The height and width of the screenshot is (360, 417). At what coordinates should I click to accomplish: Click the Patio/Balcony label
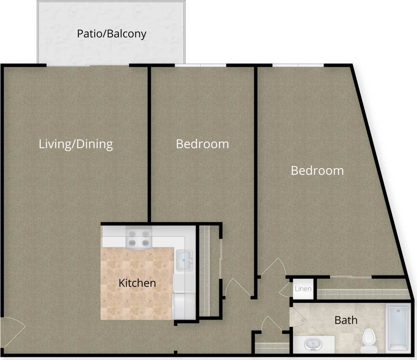112,34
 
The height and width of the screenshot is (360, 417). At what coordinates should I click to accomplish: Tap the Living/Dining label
76,144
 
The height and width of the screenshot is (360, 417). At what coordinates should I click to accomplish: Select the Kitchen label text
137,283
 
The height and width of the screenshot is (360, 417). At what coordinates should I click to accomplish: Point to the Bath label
346,320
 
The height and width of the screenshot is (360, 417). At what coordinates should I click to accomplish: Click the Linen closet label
303,289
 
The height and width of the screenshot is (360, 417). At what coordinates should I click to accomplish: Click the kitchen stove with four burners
139,238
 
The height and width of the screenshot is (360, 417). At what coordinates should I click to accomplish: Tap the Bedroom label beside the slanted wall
317,171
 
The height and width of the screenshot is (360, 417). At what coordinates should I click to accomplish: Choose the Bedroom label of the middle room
202,144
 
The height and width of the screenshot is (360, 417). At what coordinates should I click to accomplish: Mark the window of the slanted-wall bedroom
298,65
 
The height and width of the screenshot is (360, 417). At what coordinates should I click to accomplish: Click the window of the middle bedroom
200,65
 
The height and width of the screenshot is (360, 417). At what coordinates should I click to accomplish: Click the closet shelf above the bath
362,293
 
